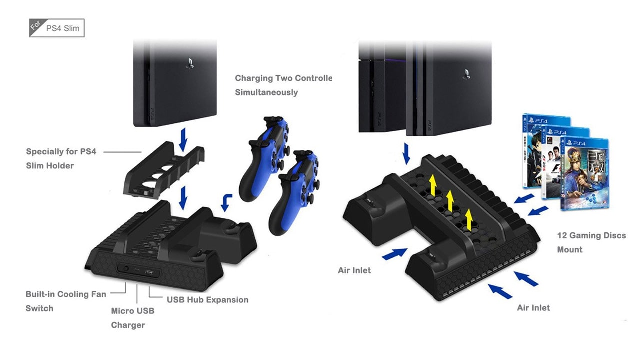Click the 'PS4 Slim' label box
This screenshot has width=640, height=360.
click(57, 28)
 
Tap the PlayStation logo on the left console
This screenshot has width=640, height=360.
click(190, 63)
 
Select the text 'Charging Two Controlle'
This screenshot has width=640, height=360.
click(283, 78)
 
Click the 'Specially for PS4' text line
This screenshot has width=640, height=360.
click(61, 151)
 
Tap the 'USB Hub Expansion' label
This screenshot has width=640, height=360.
click(207, 300)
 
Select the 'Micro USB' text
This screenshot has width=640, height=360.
click(132, 311)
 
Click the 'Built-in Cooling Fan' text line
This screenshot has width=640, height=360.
click(66, 294)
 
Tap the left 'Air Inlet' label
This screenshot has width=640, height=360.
click(354, 270)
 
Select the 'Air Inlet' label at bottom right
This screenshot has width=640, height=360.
click(533, 308)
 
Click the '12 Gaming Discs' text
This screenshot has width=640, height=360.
click(591, 235)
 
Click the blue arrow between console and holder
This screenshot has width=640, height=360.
click(183, 140)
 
